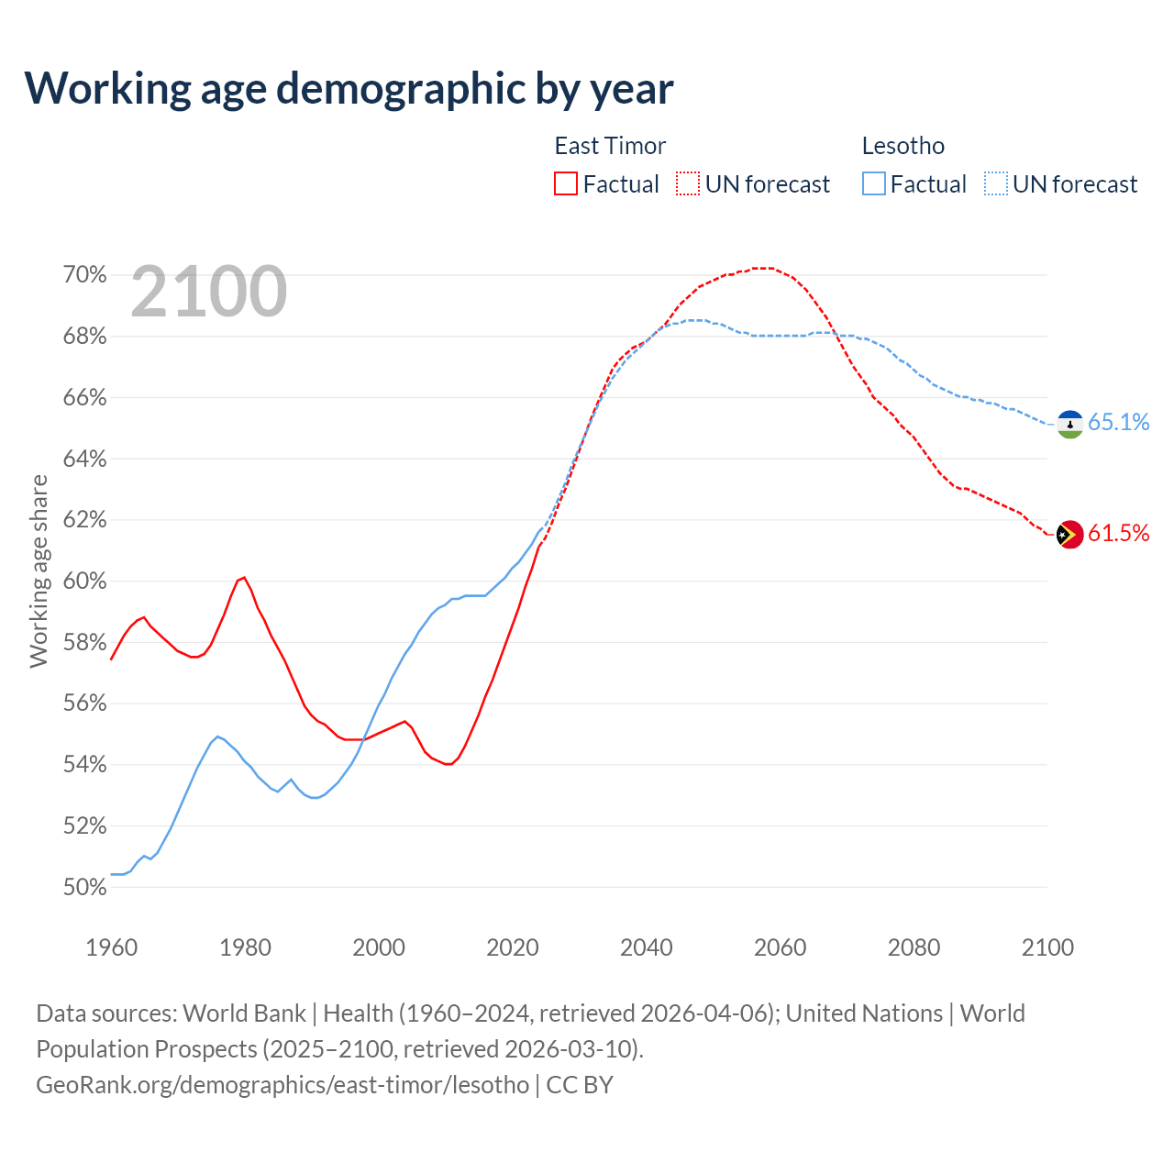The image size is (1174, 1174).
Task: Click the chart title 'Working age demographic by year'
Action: pyautogui.click(x=349, y=89)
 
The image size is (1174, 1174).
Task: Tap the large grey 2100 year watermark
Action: pyautogui.click(x=209, y=292)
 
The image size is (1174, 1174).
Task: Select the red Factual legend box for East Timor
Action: pyautogui.click(x=566, y=184)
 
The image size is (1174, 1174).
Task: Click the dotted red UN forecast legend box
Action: pyautogui.click(x=688, y=184)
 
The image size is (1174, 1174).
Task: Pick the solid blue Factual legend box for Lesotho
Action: pyautogui.click(x=874, y=184)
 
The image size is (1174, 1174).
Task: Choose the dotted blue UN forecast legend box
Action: pyautogui.click(x=995, y=184)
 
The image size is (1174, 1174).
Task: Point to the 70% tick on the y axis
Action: pyautogui.click(x=84, y=275)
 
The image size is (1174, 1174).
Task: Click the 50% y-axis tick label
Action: pyautogui.click(x=84, y=887)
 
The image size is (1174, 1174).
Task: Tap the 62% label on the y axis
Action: pyautogui.click(x=84, y=520)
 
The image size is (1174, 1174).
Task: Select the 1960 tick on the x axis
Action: pyautogui.click(x=112, y=947)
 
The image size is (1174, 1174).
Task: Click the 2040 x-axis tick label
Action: pyautogui.click(x=647, y=947)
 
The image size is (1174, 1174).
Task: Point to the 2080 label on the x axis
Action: pyautogui.click(x=914, y=947)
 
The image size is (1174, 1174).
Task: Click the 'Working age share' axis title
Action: pyautogui.click(x=39, y=570)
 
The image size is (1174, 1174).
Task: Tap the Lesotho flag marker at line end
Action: pyautogui.click(x=1070, y=424)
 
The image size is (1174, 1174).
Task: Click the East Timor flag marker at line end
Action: pyautogui.click(x=1070, y=534)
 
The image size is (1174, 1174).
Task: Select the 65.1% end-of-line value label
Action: pyautogui.click(x=1119, y=422)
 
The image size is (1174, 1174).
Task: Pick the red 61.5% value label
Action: pyautogui.click(x=1119, y=534)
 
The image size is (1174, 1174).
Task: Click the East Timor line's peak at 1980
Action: pyautogui.click(x=244, y=578)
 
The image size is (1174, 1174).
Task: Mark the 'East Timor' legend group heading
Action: pyautogui.click(x=610, y=146)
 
